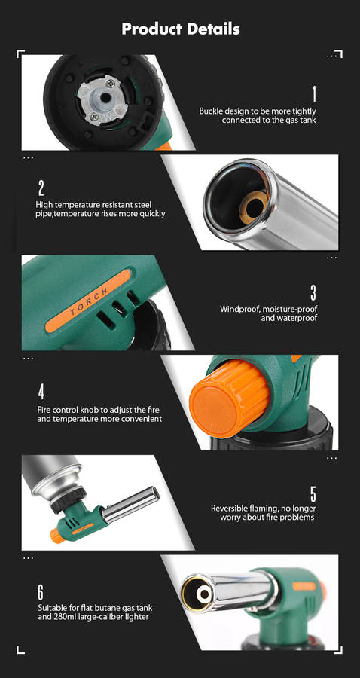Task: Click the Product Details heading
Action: pyautogui.click(x=181, y=29)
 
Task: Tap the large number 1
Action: pyautogui.click(x=314, y=94)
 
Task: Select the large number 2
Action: pyautogui.click(x=41, y=188)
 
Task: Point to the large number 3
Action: pyautogui.click(x=313, y=293)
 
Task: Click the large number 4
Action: pyautogui.click(x=41, y=392)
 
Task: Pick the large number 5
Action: pyautogui.click(x=313, y=493)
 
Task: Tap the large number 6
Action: pyautogui.click(x=41, y=592)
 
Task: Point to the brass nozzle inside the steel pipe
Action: pyautogui.click(x=254, y=207)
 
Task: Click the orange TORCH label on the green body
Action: pyautogui.click(x=88, y=301)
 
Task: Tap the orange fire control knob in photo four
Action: pyautogui.click(x=229, y=398)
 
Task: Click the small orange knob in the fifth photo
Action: pyautogui.click(x=57, y=536)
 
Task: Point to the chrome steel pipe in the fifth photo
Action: pyautogui.click(x=130, y=504)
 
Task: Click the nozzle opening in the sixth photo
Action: pyautogui.click(x=204, y=594)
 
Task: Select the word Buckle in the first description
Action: pyautogui.click(x=211, y=111)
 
